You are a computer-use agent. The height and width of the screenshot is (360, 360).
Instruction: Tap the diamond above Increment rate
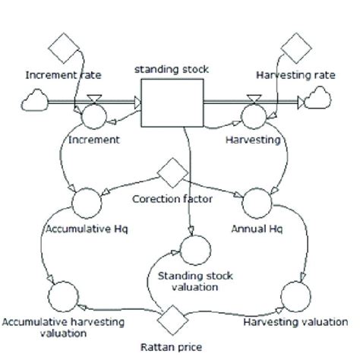pos(62,50)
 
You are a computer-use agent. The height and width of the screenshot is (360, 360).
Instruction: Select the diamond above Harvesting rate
pos(295,50)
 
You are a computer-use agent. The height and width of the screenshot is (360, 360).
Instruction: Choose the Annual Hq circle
pos(256,203)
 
